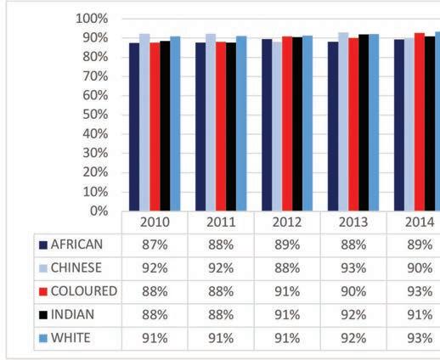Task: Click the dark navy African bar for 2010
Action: [x=134, y=127]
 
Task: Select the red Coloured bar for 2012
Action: [x=287, y=124]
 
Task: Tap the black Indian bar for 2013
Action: [x=364, y=122]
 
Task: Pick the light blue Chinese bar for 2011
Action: [x=211, y=122]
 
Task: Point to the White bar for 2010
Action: [x=175, y=124]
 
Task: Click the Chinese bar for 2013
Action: [x=343, y=121]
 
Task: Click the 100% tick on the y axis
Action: [x=92, y=19]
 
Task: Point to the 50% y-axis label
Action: [x=95, y=115]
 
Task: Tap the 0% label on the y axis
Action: [x=99, y=211]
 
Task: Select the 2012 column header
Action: [x=287, y=222]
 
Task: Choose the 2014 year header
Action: [x=420, y=222]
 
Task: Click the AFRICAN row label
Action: [x=76, y=245]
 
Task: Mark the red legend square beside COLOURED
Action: [x=43, y=292]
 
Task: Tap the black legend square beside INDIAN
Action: [x=43, y=315]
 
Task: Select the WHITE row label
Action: [x=71, y=338]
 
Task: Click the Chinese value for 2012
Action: [x=287, y=268]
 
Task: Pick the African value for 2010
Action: [x=155, y=245]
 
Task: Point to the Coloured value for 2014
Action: [x=420, y=291]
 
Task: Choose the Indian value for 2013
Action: [x=353, y=315]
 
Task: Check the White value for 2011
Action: [x=221, y=338]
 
